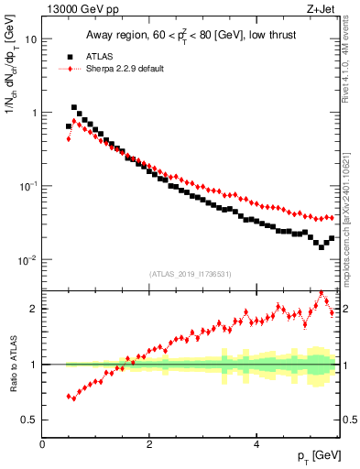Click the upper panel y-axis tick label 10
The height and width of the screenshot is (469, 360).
[x=31, y=39]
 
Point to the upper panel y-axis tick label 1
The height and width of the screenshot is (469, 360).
[x=34, y=113]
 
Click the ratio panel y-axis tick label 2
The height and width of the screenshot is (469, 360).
[x=34, y=309]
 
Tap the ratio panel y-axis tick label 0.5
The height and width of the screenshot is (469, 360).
[x=29, y=420]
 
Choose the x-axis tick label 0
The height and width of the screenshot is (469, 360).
[x=43, y=443]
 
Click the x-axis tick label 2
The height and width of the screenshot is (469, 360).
[x=149, y=443]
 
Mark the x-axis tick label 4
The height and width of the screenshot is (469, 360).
[x=256, y=443]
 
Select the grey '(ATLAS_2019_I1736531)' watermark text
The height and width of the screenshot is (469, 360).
[x=191, y=274]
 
